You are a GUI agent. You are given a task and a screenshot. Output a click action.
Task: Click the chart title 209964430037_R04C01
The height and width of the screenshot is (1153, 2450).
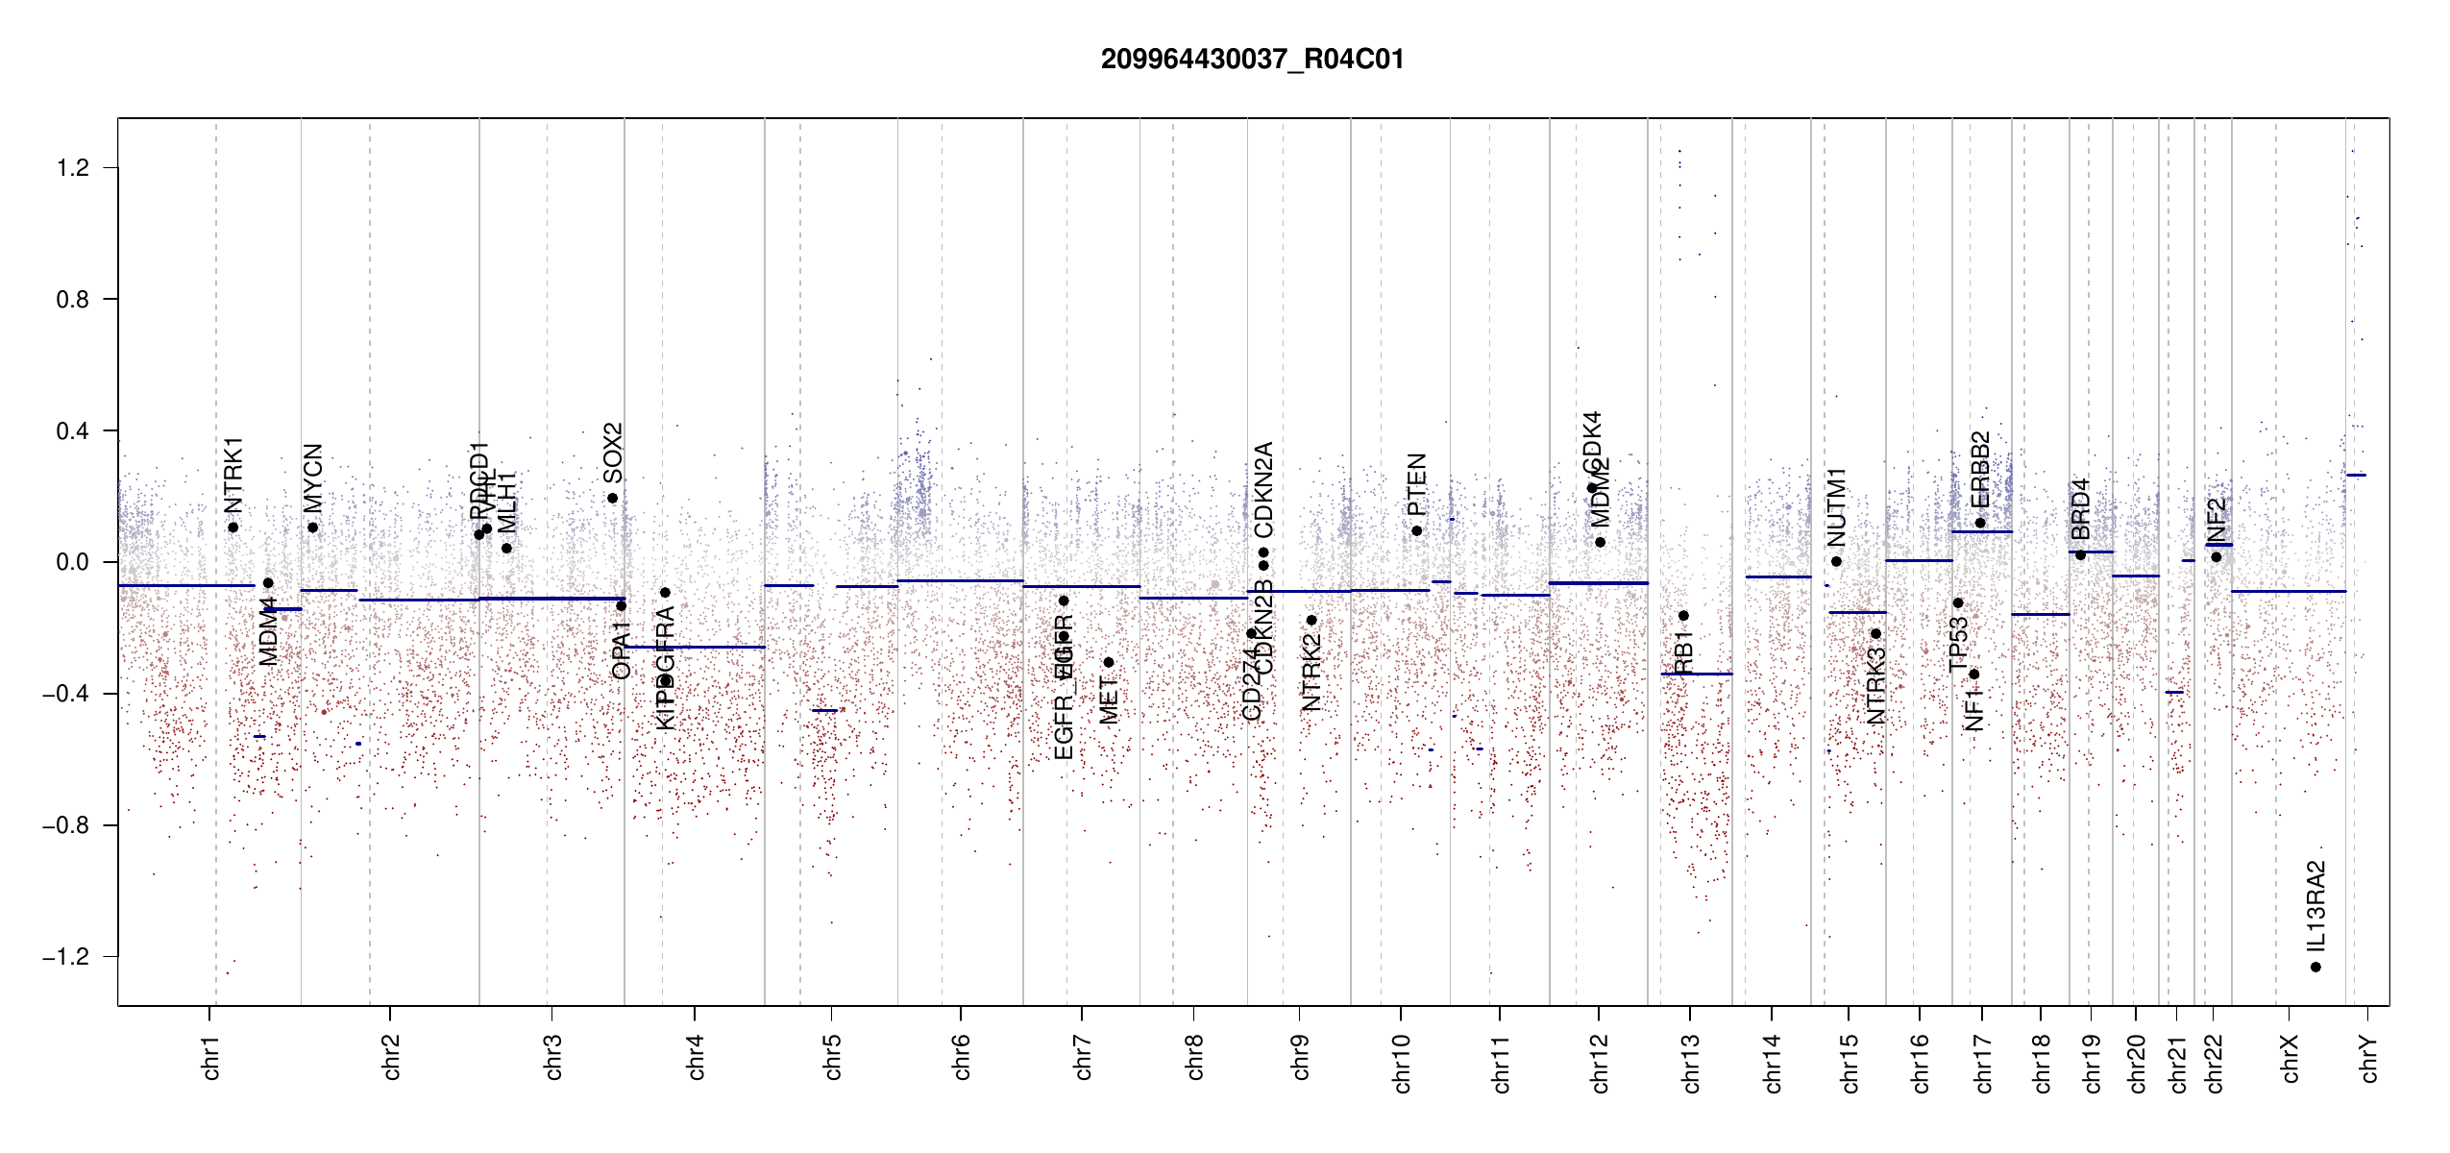(1252, 60)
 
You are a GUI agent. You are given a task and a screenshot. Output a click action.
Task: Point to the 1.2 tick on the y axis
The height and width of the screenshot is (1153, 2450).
(72, 168)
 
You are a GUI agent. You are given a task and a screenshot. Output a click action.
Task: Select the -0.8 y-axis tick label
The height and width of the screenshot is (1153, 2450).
(65, 825)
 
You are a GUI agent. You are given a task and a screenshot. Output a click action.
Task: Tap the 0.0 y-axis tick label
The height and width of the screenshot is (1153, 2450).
(72, 562)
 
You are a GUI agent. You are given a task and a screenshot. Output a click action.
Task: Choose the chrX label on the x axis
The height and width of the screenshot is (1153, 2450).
(2290, 1059)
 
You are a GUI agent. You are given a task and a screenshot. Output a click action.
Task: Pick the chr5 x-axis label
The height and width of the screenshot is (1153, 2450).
(832, 1057)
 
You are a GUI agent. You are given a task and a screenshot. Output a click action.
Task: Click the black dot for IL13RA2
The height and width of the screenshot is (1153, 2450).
(2315, 967)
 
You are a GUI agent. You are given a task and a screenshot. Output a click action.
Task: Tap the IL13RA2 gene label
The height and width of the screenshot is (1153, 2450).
(2315, 904)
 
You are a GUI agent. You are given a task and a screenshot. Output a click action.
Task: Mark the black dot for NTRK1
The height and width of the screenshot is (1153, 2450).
(233, 527)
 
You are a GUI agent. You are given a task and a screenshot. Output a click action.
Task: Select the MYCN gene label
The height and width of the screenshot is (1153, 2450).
(313, 478)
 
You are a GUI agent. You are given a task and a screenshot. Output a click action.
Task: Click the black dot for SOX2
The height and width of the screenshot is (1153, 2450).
(612, 498)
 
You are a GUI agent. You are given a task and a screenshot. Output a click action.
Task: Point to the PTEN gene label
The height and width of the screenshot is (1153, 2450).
(1416, 484)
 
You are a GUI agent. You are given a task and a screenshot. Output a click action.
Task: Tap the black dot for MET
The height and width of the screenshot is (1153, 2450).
(1108, 662)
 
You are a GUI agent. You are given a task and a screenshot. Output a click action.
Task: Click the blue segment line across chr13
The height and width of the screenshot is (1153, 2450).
(1696, 675)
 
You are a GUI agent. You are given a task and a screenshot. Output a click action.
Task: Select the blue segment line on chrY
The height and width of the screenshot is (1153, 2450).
(2356, 475)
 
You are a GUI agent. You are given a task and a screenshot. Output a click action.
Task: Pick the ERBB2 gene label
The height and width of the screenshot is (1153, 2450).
(1980, 470)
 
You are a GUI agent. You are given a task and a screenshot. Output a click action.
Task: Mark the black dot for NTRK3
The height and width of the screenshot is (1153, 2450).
(1875, 633)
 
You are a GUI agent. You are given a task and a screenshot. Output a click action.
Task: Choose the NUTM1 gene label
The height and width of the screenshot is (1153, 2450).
(1837, 506)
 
